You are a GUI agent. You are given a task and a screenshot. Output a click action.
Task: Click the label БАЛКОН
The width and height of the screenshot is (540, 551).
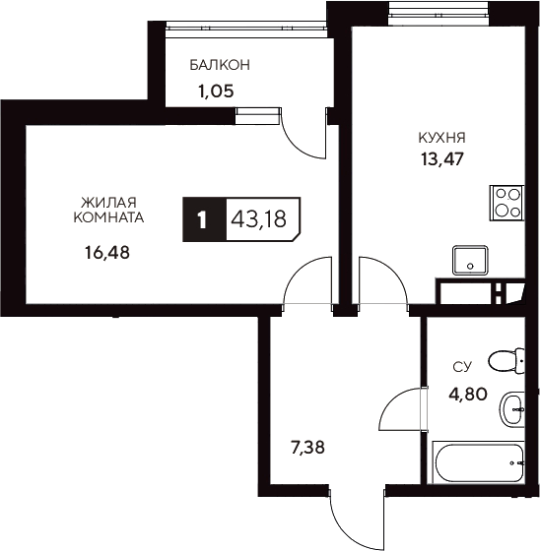(x=220, y=65)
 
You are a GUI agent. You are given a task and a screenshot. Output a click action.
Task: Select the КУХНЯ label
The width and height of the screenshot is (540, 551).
(x=440, y=138)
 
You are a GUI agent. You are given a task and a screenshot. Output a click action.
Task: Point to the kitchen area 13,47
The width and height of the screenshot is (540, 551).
(x=440, y=156)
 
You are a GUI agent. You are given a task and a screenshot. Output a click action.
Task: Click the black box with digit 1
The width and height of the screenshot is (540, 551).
(x=203, y=218)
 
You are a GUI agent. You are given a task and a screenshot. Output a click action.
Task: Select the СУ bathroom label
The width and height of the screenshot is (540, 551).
(x=461, y=367)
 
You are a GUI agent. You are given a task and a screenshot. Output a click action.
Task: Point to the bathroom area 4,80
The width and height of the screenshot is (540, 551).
(x=467, y=396)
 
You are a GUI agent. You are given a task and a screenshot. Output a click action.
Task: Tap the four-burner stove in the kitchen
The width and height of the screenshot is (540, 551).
(x=507, y=202)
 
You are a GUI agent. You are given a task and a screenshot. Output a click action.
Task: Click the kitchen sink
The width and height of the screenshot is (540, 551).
(x=470, y=261)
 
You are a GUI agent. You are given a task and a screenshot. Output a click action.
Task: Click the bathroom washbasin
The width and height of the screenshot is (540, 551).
(x=512, y=409)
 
